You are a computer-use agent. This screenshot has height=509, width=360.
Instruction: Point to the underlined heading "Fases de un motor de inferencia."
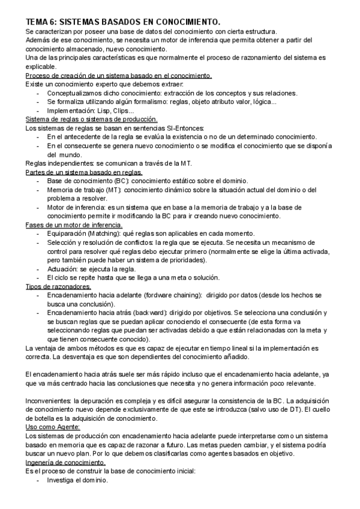pos(76,224)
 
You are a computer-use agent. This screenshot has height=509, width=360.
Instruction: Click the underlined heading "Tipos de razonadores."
pos(58,286)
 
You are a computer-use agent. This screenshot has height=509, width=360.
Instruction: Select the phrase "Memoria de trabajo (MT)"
pos(85,190)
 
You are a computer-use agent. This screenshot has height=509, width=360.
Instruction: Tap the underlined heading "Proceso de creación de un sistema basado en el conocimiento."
pos(118,76)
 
